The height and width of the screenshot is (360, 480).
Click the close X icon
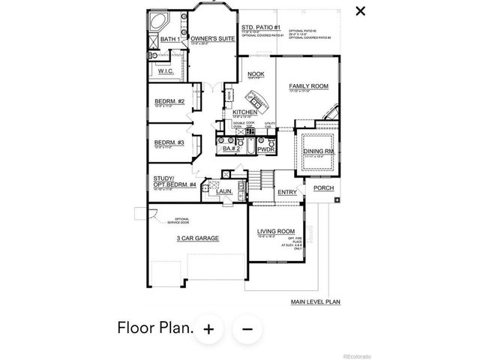click(x=361, y=10)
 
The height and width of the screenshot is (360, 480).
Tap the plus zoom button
click(x=208, y=328)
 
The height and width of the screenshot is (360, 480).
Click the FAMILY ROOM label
click(x=309, y=87)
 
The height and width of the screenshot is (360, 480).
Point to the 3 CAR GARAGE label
click(x=197, y=238)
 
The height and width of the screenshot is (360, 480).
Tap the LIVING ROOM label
click(x=274, y=232)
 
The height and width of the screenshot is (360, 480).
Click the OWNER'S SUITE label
click(x=211, y=38)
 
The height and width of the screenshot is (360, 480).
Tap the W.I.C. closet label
click(x=166, y=71)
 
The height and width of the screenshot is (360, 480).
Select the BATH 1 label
click(x=169, y=39)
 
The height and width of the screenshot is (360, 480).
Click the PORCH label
click(x=323, y=188)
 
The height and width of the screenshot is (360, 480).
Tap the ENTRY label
click(x=286, y=193)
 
